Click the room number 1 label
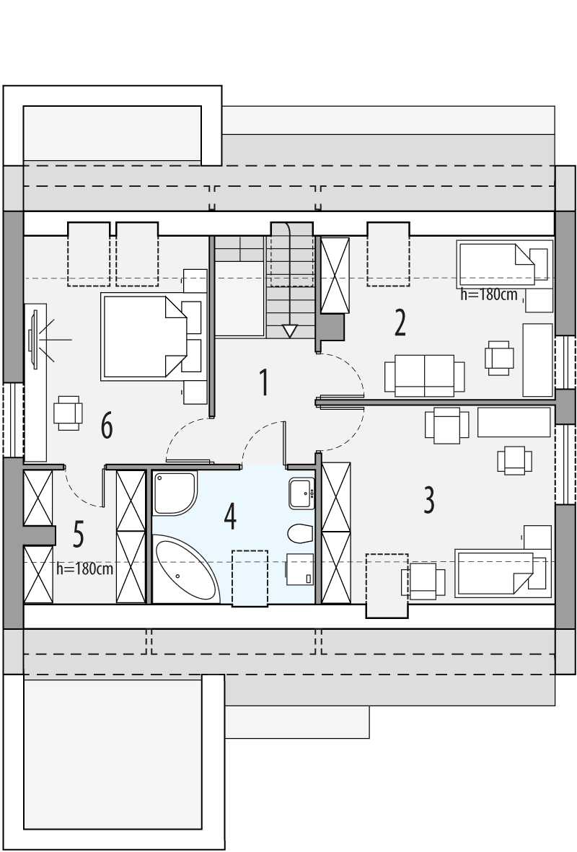264,382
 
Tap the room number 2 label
400,323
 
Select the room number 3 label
428,500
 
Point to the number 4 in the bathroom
229,517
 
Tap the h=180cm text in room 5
85,568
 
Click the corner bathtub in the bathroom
184,570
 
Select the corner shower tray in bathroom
174,492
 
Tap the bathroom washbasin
302,493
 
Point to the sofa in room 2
424,375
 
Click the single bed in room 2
496,264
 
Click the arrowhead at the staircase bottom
289,331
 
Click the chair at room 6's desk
68,413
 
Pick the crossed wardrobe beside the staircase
335,275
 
